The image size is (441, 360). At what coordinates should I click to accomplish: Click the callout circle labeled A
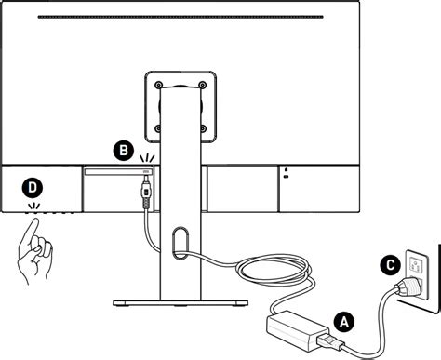tap(344, 322)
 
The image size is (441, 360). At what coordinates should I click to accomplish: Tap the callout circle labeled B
tap(124, 151)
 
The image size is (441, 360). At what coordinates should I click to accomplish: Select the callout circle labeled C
tap(391, 265)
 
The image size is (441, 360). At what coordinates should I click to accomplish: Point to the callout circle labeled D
tap(33, 187)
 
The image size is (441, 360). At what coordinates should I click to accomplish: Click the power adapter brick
tap(297, 329)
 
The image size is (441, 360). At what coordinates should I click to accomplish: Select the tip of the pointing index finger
tap(35, 220)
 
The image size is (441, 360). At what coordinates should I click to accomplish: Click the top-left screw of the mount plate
tap(159, 85)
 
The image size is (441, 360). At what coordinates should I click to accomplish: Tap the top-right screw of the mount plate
tap(202, 85)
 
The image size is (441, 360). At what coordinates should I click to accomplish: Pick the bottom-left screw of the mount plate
tap(158, 128)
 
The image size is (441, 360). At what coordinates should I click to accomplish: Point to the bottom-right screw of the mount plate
tap(203, 128)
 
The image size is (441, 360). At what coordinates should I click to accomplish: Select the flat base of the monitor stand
tap(180, 303)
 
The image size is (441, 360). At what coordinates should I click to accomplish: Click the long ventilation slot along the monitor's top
tap(180, 17)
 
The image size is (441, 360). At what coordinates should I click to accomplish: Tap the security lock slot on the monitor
tap(286, 173)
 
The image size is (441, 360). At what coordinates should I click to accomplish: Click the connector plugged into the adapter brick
tap(330, 341)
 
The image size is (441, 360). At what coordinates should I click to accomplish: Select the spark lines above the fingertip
tap(34, 207)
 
